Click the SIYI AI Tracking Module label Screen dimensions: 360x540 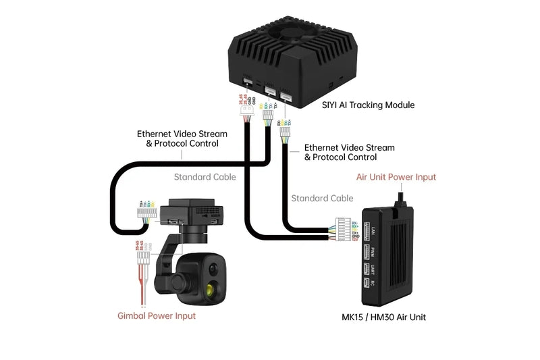[367, 105]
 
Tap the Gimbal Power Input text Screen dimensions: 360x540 [157, 315]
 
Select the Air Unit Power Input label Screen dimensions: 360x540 [396, 177]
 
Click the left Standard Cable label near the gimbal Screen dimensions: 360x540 [205, 178]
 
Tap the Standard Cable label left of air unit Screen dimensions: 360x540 [322, 199]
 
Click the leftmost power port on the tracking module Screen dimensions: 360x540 [248, 85]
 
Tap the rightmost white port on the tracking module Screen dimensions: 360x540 [287, 96]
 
